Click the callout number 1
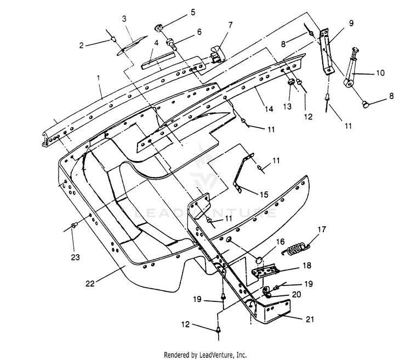tap(99, 78)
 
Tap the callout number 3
tap(124, 19)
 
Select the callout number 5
tap(193, 12)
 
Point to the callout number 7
tap(230, 25)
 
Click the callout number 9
tap(351, 23)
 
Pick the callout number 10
tap(380, 72)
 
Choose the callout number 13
tap(288, 106)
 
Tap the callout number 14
tap(269, 108)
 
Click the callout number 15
tap(264, 194)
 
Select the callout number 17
tap(322, 229)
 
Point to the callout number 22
tap(90, 283)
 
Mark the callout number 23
tap(75, 258)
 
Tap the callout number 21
tap(309, 319)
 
